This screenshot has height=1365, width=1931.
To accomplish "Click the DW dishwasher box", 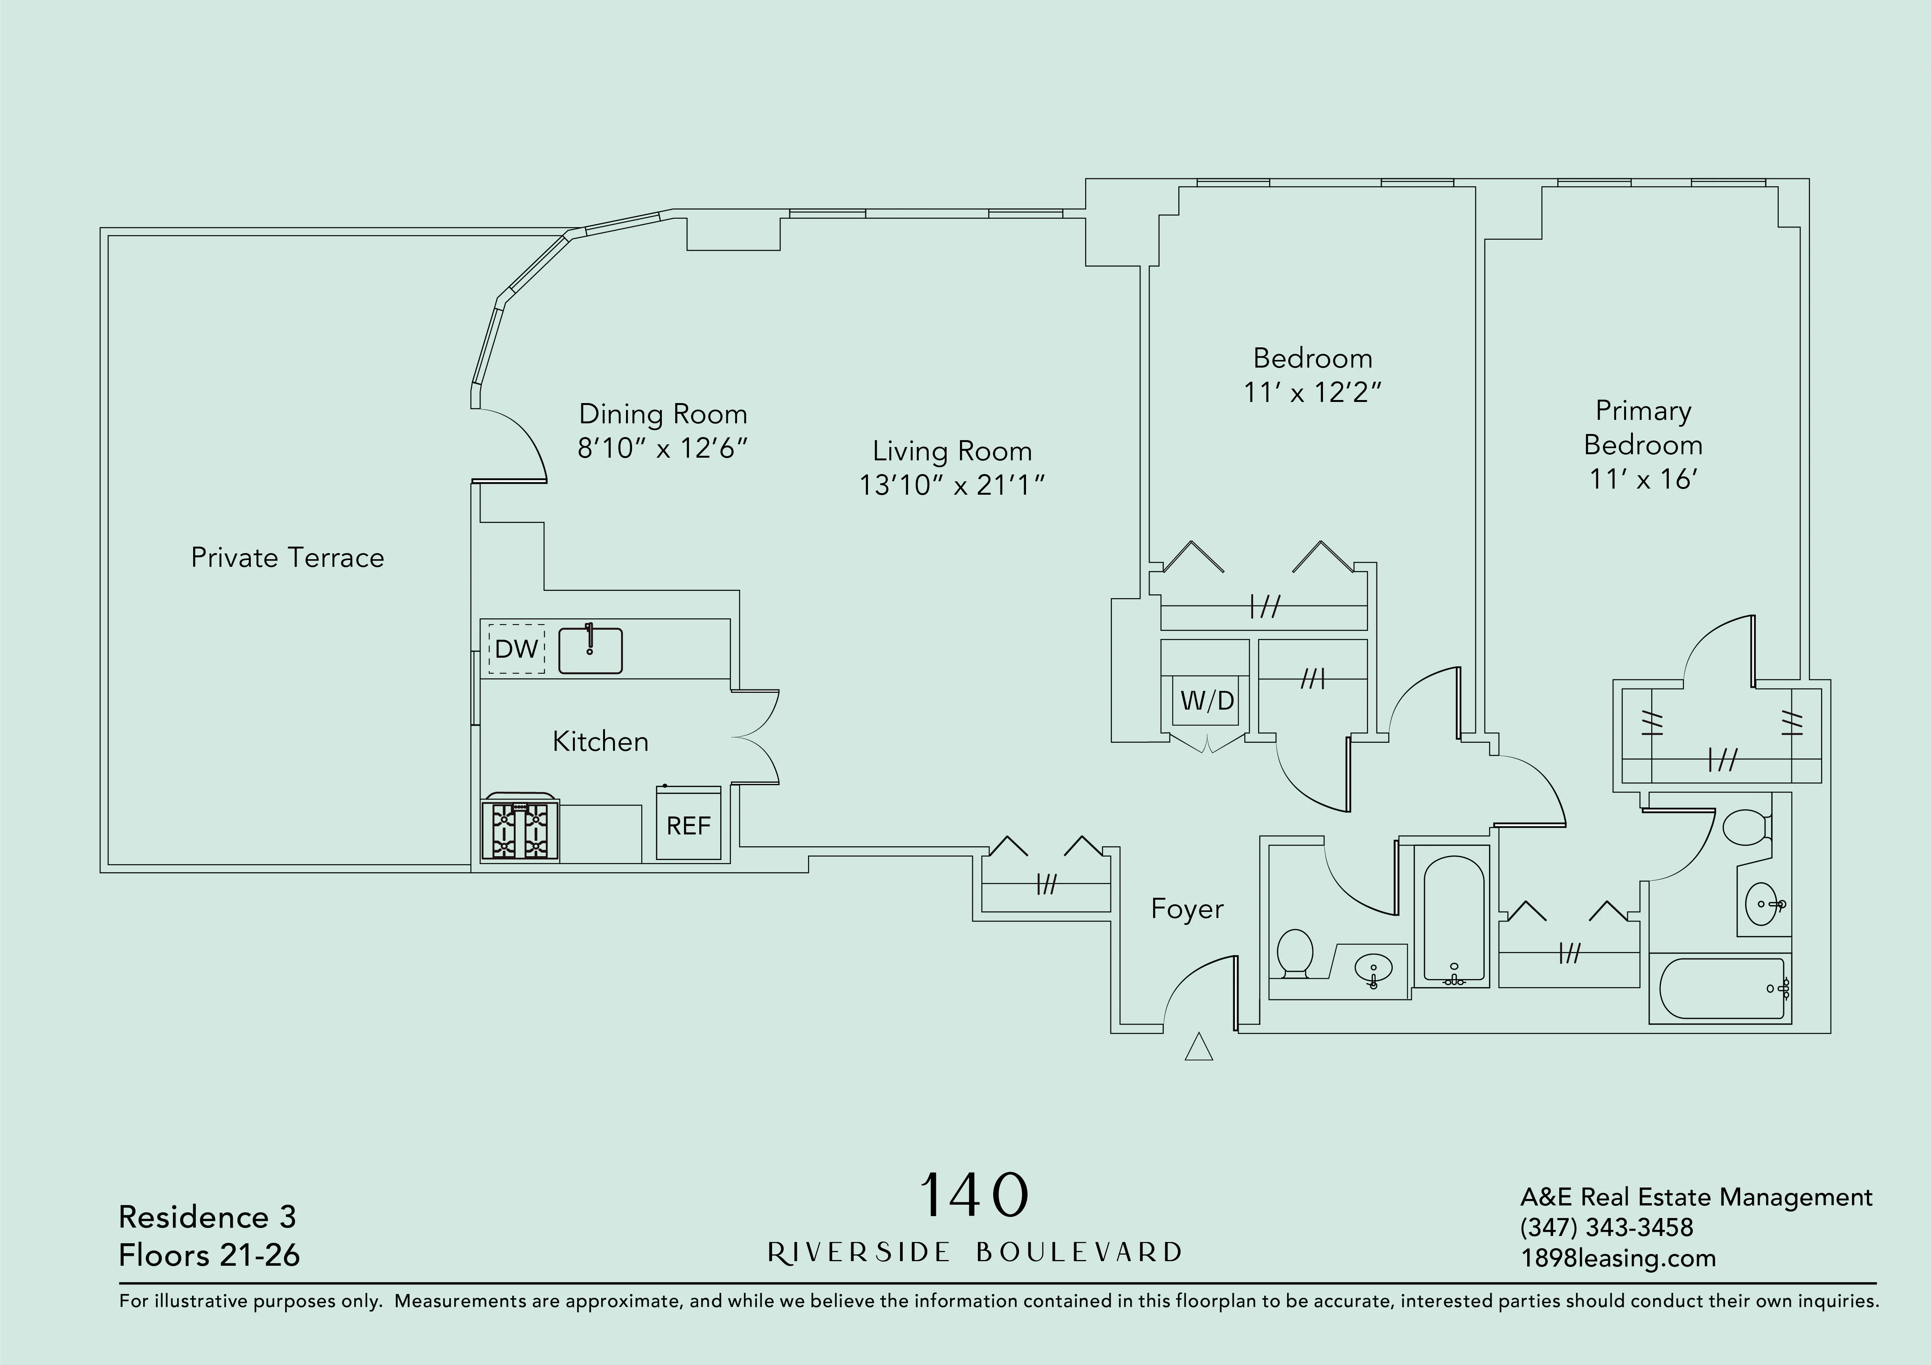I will pyautogui.click(x=516, y=649).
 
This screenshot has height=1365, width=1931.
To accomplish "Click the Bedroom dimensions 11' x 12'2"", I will pyautogui.click(x=1312, y=392).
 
